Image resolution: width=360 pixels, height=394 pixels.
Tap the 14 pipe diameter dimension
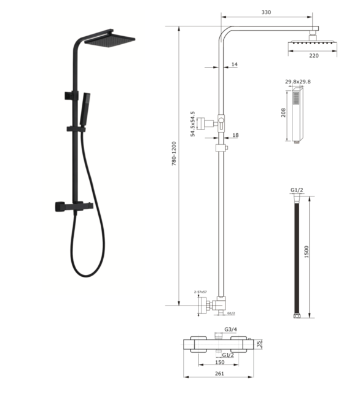[235, 64]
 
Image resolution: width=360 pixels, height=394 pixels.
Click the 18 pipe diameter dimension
[235, 136]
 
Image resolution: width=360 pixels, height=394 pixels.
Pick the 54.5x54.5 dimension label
[192, 124]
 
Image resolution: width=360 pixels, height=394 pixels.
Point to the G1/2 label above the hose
[297, 190]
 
